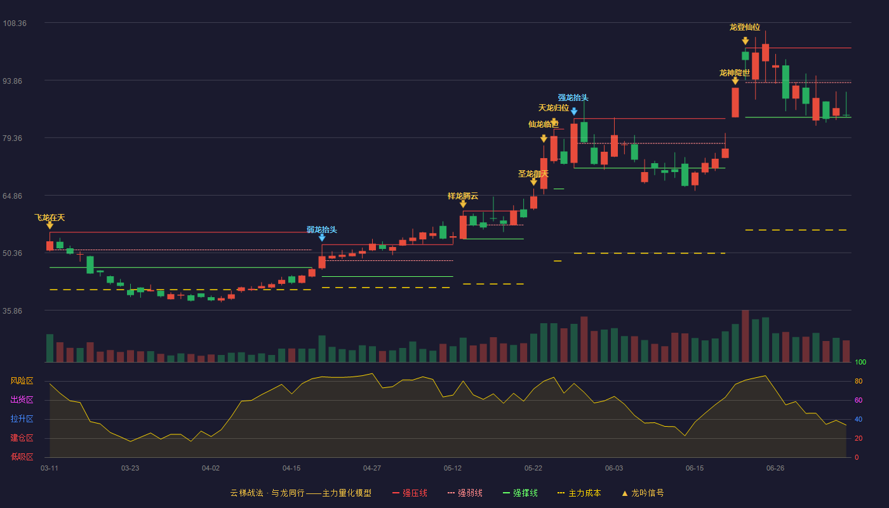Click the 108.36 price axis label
[15, 23]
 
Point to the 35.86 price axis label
[12, 311]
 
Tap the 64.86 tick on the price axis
[12, 196]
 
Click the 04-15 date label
[291, 469]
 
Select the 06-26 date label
[775, 469]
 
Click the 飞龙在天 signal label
[50, 217]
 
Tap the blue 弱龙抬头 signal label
[322, 229]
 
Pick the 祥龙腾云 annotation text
[463, 196]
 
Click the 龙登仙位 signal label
[745, 27]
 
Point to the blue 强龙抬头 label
[573, 98]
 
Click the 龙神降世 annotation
[735, 72]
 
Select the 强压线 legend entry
[410, 493]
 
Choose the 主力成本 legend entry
[579, 493]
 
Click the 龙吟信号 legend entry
[643, 493]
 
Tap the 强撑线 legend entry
[520, 493]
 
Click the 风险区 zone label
[22, 380]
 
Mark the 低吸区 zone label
[22, 457]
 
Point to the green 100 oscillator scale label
[860, 362]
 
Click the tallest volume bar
[745, 336]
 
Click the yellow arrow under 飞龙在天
[50, 225]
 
